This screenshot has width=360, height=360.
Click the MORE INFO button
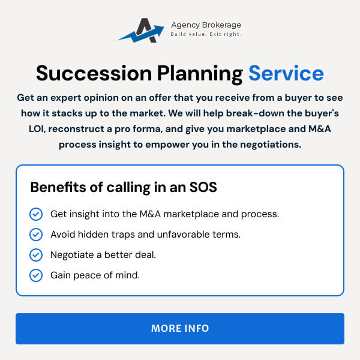point(180,329)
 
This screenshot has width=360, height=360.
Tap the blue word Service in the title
point(286,73)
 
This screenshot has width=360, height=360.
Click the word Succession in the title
point(94,73)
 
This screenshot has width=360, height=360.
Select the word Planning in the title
point(200,74)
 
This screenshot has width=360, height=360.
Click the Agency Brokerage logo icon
point(141,31)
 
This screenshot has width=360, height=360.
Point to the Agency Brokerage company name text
point(206,25)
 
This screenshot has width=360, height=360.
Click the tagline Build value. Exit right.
point(206,34)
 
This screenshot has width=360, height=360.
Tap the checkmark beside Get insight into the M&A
point(36,214)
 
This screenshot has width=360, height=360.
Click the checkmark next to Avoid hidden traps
point(36,235)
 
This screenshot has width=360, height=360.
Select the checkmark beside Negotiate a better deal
point(36,255)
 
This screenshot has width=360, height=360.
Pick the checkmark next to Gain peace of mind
point(36,275)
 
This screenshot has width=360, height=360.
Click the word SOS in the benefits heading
point(203,187)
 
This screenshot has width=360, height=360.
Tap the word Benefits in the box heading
point(59,187)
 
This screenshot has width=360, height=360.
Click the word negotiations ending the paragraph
point(271,145)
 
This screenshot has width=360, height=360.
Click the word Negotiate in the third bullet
point(72,255)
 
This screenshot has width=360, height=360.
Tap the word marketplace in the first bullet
point(191,214)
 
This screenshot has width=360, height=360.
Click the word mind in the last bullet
point(127,275)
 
